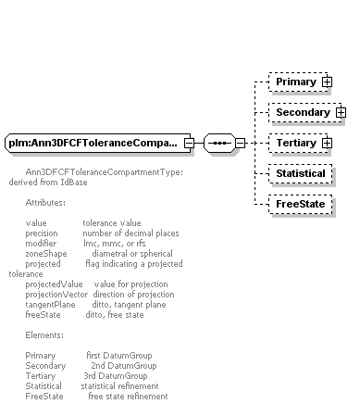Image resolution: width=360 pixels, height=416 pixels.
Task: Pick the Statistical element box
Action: coord(301,173)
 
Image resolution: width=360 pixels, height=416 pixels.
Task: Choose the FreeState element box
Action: coord(301,204)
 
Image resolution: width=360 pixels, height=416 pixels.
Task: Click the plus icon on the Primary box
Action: coord(327,82)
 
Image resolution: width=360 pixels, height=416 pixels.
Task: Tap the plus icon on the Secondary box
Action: coord(341,112)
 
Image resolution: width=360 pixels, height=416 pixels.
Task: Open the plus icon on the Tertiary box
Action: coord(327,143)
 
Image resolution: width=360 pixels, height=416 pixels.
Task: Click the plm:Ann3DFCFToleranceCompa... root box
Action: coord(98,143)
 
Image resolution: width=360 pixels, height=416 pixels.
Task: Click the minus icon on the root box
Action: coord(189,143)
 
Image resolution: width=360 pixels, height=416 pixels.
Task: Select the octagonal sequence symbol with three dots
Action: coord(219,143)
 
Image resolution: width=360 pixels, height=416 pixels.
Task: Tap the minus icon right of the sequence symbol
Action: coord(240,143)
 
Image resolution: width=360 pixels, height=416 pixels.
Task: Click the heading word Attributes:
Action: coord(45,203)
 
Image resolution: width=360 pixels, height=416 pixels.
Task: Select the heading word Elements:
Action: coord(44,335)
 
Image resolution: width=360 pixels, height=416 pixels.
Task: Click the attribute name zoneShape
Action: coord(46,254)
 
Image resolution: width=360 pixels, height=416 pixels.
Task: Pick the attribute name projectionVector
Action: coord(56,295)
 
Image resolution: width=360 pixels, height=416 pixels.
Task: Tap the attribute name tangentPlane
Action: coord(50,305)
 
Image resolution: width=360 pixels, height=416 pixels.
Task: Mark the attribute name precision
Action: coord(42,233)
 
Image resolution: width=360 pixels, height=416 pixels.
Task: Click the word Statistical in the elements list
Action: coord(43,386)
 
